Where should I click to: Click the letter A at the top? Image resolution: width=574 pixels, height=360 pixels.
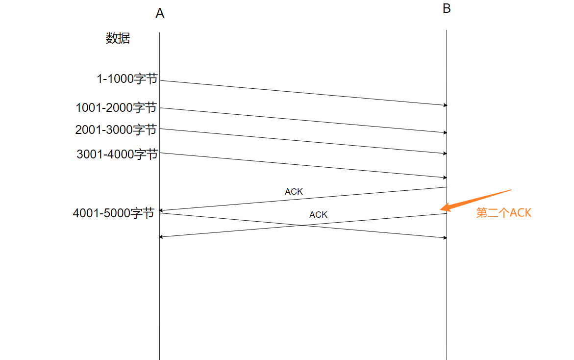point(160,13)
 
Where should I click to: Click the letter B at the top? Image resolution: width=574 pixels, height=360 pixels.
point(447,8)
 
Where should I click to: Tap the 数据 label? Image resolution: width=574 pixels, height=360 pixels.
point(118,38)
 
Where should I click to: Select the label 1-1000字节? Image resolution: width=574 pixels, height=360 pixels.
point(127,78)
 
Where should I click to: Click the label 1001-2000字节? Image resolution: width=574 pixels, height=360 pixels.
point(116,107)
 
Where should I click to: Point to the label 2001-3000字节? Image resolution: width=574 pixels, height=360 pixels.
point(116,129)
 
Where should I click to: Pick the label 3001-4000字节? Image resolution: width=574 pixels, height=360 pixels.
point(117,154)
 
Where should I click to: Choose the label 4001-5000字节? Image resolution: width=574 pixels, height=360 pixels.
point(114,213)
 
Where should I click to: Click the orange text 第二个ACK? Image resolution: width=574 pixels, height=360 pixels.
point(504,213)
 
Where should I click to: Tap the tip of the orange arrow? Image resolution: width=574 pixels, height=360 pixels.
point(441,209)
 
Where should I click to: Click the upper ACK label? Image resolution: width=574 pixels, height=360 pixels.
point(294,192)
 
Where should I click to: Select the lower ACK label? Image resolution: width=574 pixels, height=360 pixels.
point(318,215)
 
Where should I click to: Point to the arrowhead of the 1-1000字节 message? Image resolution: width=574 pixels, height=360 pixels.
point(446,105)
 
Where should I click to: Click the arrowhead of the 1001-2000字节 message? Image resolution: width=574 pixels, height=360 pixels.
point(446,132)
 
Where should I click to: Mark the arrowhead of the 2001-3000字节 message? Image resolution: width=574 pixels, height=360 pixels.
point(446,154)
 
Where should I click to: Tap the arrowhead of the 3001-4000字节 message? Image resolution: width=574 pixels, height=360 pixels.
point(446,178)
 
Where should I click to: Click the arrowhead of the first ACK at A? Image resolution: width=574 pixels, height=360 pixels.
point(161,211)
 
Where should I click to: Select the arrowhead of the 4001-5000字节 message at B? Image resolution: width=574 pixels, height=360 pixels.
point(446,238)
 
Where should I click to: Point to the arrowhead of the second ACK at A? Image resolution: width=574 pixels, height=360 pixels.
point(161,237)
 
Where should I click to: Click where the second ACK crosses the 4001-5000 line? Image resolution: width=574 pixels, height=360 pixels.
point(302,225)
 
